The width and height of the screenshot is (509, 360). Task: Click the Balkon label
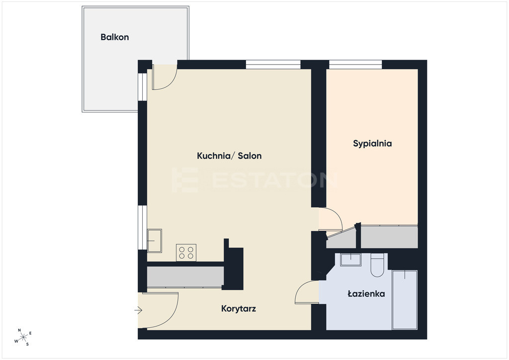[115, 37]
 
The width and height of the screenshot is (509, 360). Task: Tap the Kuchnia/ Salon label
[229, 156]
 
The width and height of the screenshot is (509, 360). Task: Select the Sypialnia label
[372, 144]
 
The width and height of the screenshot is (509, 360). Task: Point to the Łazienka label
[366, 294]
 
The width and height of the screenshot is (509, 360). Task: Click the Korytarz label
[239, 308]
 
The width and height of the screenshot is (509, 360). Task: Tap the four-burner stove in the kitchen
[186, 253]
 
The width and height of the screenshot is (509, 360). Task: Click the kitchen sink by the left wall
[155, 241]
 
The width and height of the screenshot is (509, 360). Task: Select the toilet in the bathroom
[377, 265]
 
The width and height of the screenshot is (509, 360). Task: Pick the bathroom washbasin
[350, 260]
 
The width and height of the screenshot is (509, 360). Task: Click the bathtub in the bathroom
[405, 300]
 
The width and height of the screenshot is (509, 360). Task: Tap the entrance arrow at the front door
[138, 311]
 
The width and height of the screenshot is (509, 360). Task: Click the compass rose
[23, 337]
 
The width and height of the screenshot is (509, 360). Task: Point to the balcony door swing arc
[171, 83]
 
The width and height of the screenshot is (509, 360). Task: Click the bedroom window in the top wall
[355, 65]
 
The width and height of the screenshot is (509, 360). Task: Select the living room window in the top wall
[273, 65]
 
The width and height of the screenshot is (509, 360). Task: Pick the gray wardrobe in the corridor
[185, 277]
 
